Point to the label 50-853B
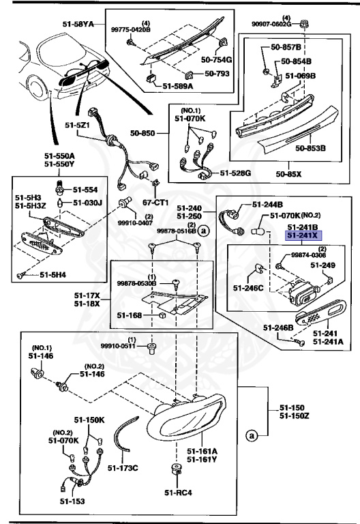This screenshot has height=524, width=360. tap(310, 147)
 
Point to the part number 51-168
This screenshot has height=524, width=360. tap(130, 315)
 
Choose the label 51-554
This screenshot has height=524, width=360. tap(86, 190)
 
